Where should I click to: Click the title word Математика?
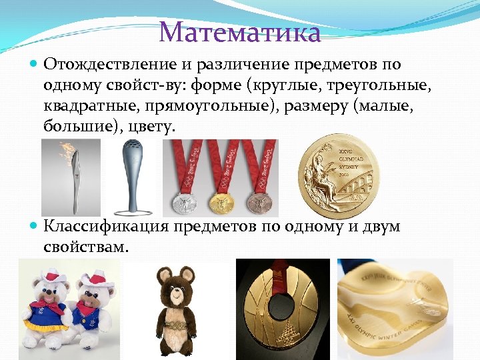coord(240,31)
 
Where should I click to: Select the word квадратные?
coord(95,105)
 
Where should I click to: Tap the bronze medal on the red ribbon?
coord(257,201)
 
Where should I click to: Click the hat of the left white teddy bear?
coord(48,276)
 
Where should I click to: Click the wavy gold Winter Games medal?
coord(394,307)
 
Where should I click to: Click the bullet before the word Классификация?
coord(34,227)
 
